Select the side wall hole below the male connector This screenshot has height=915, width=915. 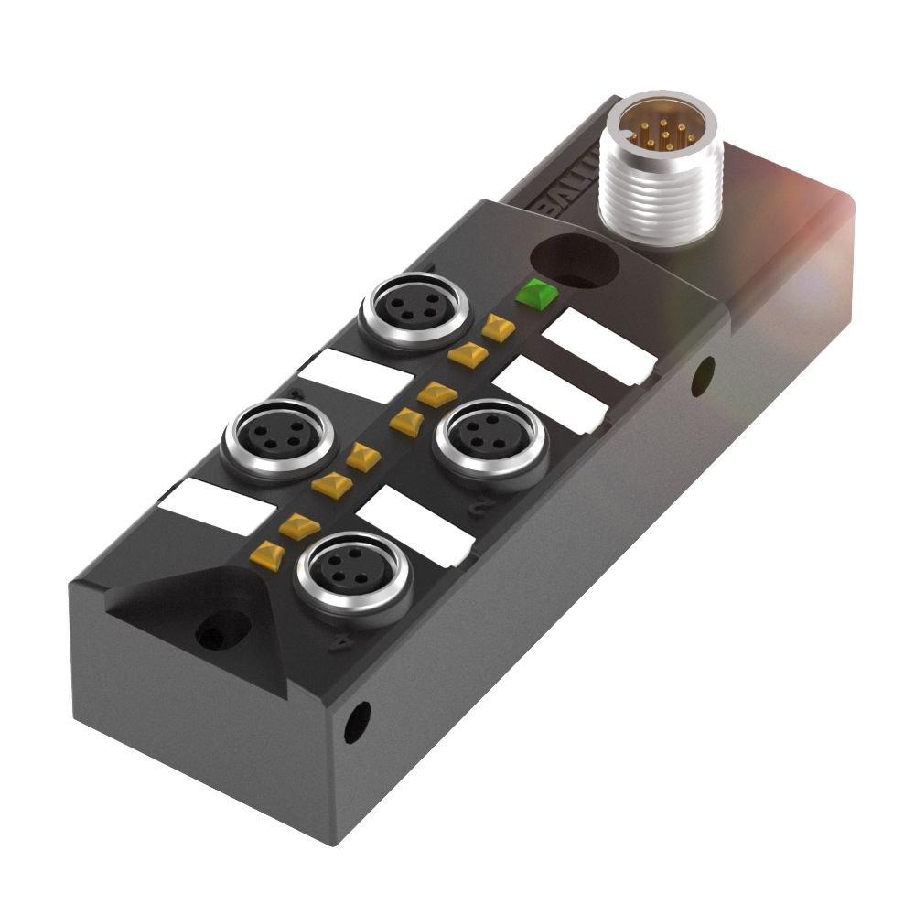point(703,376)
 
